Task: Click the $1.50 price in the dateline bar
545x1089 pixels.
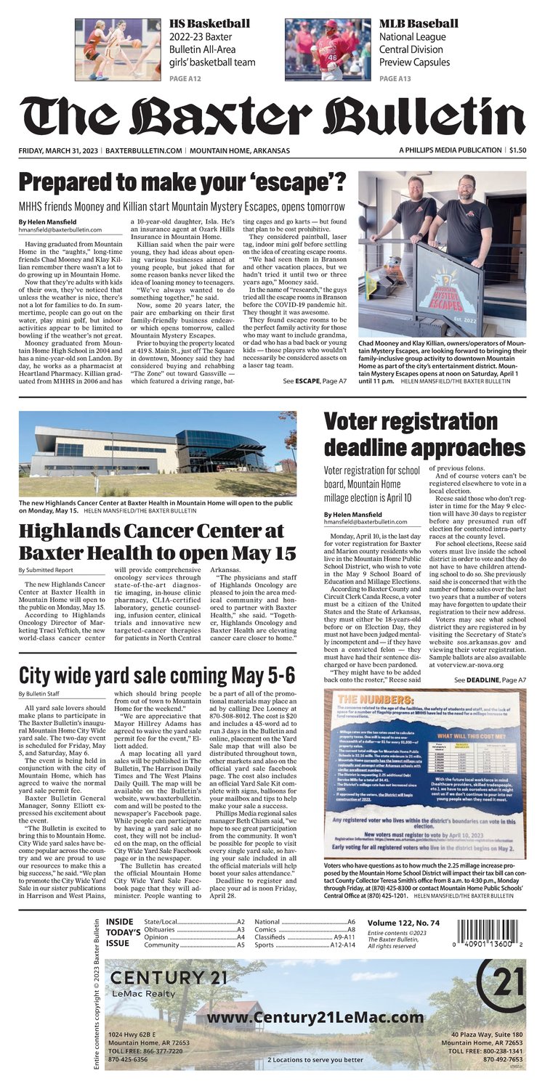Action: click(517, 150)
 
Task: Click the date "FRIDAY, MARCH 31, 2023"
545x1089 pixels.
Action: click(59, 150)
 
